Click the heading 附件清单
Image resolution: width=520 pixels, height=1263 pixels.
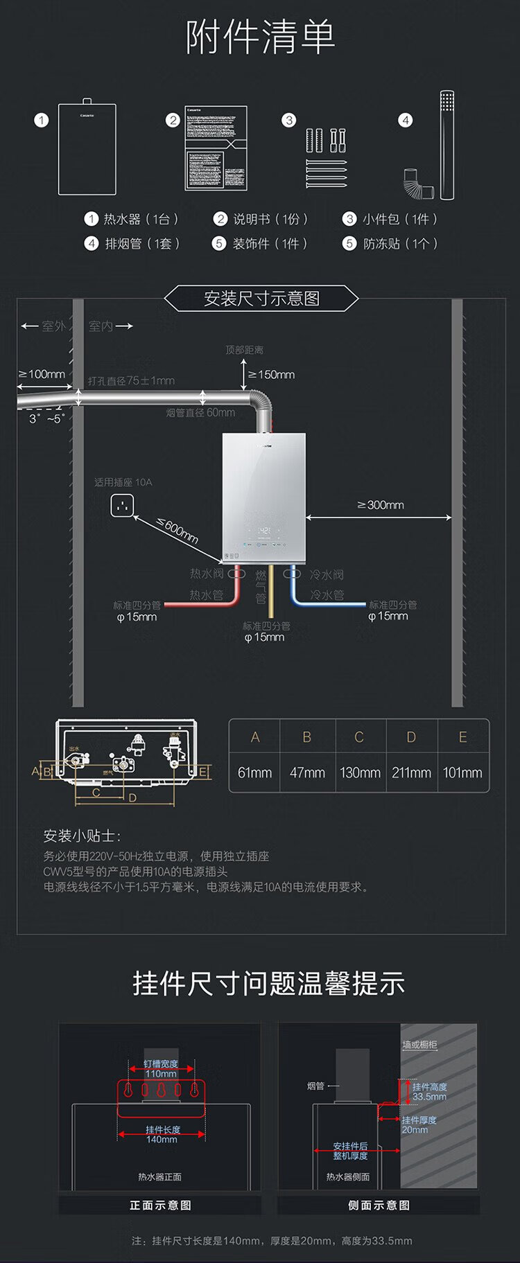click(x=260, y=37)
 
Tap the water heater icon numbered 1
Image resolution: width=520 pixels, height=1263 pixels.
click(x=87, y=149)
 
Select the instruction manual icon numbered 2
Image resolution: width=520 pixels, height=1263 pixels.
click(x=216, y=148)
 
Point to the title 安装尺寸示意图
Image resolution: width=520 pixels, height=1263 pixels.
click(x=261, y=299)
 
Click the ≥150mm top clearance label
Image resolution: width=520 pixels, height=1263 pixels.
click(x=272, y=375)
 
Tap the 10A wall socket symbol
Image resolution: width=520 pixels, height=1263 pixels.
click(x=121, y=506)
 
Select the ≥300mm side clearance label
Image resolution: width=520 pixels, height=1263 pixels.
click(x=381, y=505)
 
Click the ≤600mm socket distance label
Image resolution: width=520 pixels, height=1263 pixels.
click(x=177, y=531)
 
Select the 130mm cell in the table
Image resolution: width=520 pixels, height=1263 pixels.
click(x=360, y=772)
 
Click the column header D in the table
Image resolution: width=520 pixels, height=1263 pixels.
click(x=411, y=737)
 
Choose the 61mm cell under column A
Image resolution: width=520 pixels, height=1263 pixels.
click(x=254, y=772)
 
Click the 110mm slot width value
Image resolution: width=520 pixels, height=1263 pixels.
click(x=161, y=1074)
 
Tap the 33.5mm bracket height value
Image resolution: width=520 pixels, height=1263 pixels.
click(x=429, y=1097)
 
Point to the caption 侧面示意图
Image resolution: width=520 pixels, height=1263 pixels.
click(x=379, y=1205)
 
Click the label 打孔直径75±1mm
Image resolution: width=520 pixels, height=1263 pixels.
click(x=131, y=381)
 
